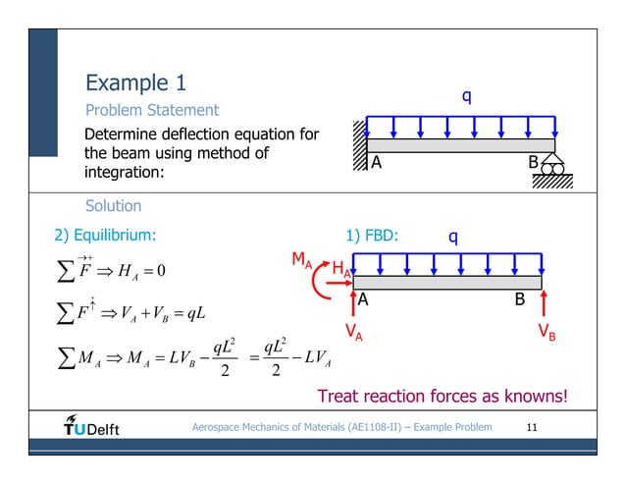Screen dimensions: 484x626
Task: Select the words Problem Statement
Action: click(x=152, y=110)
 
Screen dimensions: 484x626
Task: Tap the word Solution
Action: click(x=114, y=206)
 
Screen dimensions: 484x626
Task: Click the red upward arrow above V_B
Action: click(x=545, y=301)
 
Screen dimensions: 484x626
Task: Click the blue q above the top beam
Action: click(x=466, y=96)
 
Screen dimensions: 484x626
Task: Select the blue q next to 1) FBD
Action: click(x=452, y=236)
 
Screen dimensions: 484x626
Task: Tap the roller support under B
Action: click(x=551, y=168)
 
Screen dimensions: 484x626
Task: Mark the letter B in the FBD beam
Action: click(x=521, y=298)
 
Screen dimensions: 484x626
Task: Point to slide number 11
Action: click(x=533, y=427)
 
